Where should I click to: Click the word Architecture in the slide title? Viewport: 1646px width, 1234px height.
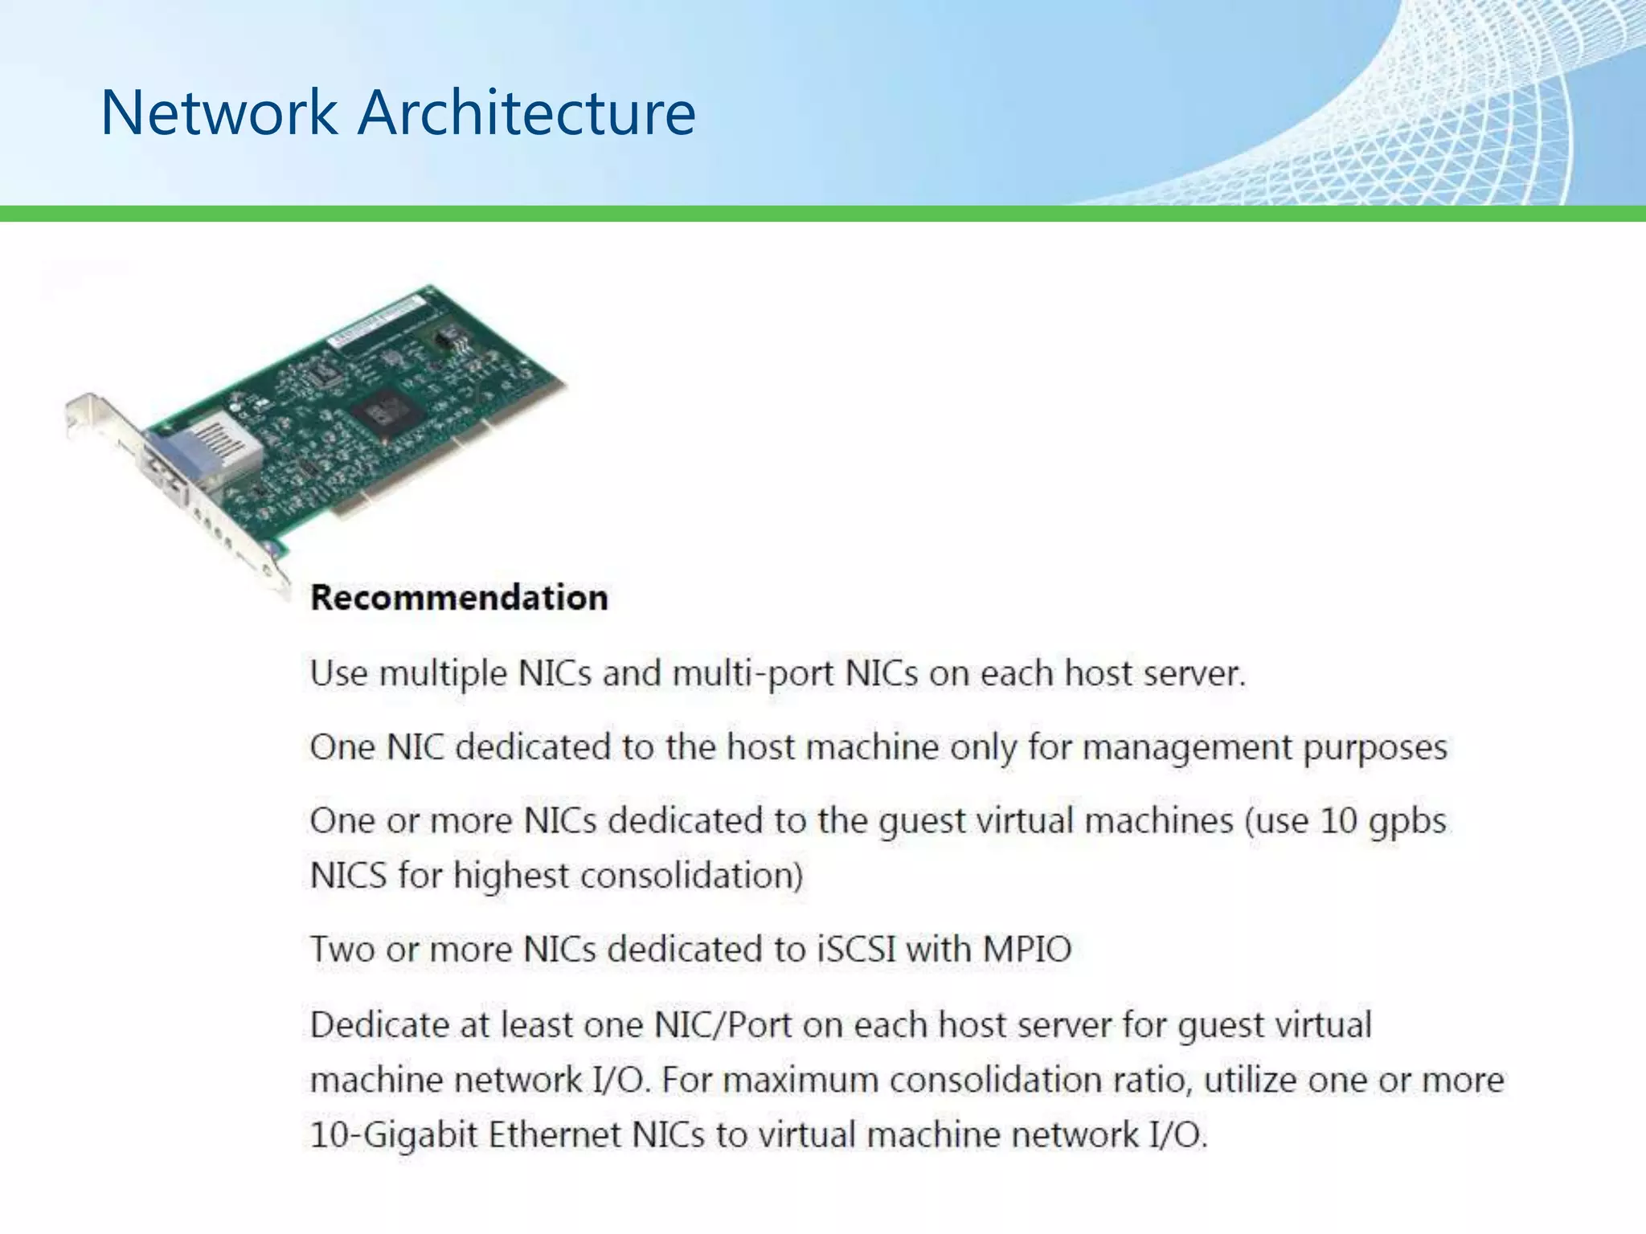[x=526, y=112]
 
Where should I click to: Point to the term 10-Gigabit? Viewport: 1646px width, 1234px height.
[x=394, y=1136]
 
